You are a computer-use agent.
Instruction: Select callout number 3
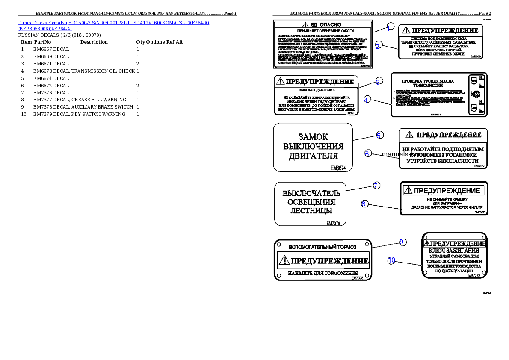(378, 81)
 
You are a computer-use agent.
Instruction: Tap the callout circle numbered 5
(379, 135)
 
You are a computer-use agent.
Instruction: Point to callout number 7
(376, 186)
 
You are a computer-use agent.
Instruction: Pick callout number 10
(391, 260)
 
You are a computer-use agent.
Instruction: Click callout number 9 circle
(402, 242)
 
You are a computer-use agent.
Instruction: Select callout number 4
(367, 100)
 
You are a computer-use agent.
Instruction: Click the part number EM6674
(338, 168)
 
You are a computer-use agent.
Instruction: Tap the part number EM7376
(333, 223)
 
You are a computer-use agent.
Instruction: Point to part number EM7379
(474, 276)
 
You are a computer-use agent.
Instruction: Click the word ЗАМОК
(313, 137)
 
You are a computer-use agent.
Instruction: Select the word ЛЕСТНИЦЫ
(311, 211)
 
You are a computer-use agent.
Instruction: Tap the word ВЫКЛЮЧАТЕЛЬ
(311, 193)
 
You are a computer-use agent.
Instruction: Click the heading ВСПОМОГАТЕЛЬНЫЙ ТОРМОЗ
(323, 247)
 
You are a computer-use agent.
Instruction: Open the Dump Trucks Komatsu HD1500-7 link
(113, 22)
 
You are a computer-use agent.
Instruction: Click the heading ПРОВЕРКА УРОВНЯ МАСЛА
(428, 80)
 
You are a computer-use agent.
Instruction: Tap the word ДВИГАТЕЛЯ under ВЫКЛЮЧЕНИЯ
(313, 156)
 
